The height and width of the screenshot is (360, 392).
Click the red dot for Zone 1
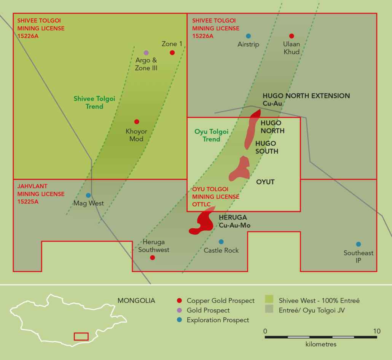[172, 53]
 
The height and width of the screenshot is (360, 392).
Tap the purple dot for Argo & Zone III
[146, 53]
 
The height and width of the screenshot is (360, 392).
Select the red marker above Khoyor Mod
[137, 122]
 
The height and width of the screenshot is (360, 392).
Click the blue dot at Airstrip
[248, 36]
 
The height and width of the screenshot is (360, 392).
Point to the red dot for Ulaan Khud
[292, 36]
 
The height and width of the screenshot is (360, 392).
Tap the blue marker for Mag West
[88, 195]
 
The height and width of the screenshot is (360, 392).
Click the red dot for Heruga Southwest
[152, 258]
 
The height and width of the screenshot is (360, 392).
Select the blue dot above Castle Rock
[221, 242]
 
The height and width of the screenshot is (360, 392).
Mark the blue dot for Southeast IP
[358, 244]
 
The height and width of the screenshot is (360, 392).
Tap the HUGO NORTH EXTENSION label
[306, 96]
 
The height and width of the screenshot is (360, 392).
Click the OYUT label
[265, 182]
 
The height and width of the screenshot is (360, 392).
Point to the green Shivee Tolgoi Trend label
[94, 103]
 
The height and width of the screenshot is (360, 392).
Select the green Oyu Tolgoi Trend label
[211, 135]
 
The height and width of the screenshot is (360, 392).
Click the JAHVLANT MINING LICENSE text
[41, 194]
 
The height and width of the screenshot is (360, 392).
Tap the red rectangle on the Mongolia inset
[81, 336]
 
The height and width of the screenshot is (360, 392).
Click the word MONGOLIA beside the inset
[136, 301]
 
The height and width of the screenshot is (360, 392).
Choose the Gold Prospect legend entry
[208, 311]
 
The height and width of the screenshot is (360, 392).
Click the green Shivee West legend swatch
[269, 301]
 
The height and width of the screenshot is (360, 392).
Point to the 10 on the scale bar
[376, 331]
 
